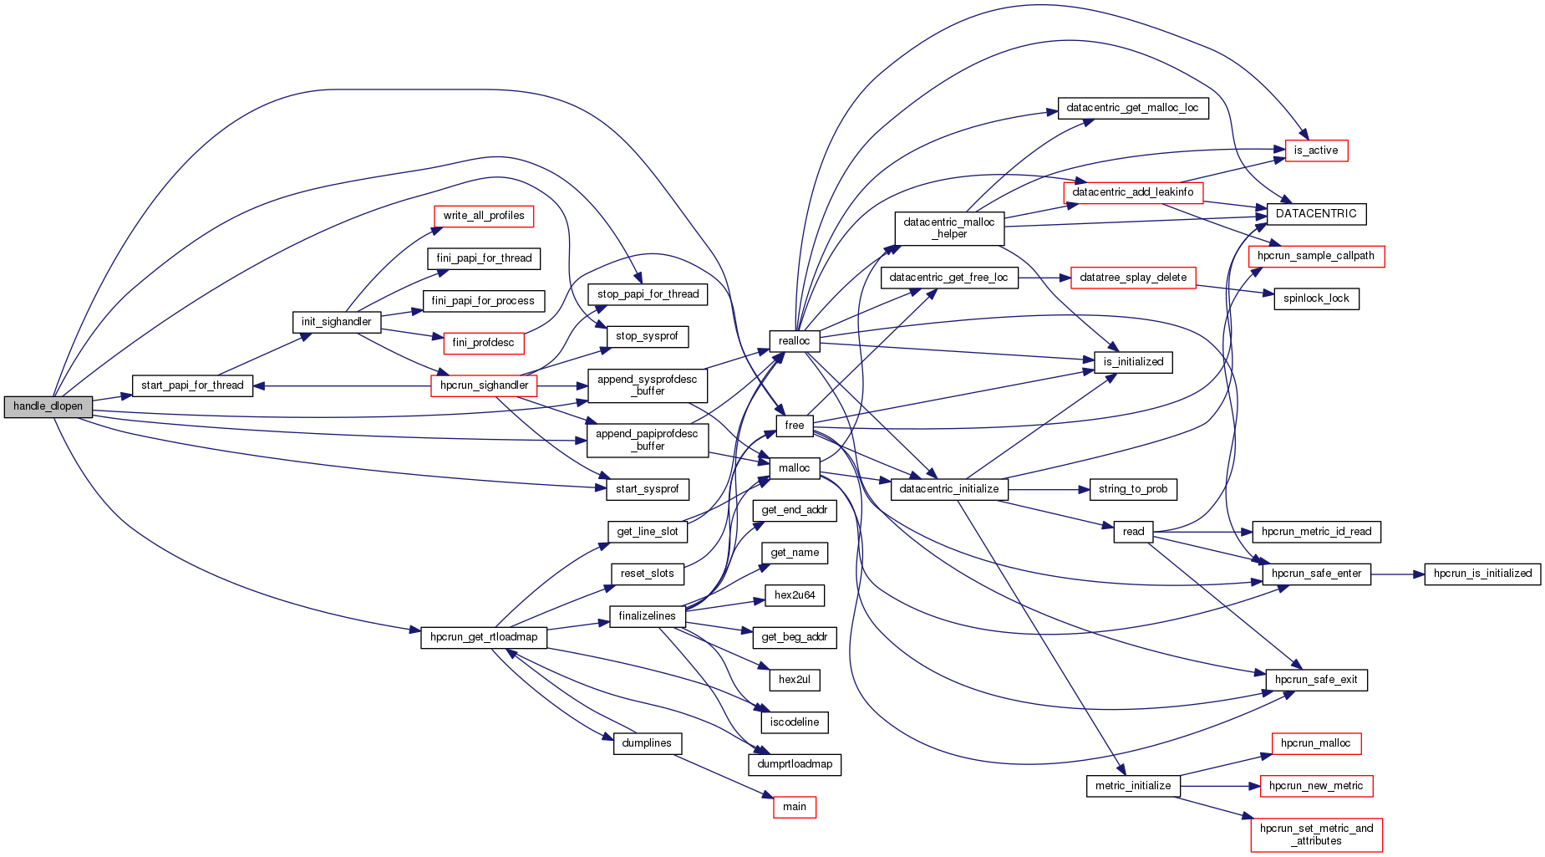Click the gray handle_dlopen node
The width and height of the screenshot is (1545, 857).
[48, 406]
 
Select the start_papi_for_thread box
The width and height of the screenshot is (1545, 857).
[192, 385]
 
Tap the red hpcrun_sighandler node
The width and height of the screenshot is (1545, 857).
[484, 385]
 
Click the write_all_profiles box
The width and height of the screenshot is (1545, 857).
[484, 216]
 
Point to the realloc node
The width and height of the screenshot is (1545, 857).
[794, 341]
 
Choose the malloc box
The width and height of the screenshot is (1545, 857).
[794, 468]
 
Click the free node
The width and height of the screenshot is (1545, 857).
[794, 426]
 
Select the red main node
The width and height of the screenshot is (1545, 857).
[794, 807]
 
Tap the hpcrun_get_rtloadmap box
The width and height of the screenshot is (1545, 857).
[484, 637]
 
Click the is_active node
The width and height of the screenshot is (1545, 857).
[1315, 150]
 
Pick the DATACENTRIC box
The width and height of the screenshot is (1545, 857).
[1316, 214]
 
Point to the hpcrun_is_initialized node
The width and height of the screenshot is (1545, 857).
[1482, 574]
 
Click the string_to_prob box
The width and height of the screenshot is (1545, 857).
[1133, 489]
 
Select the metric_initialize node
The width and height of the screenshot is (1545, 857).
[1133, 786]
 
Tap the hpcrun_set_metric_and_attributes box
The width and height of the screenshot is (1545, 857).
[1316, 834]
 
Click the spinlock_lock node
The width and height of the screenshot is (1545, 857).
[1316, 298]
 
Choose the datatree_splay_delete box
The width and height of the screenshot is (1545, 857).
[1133, 278]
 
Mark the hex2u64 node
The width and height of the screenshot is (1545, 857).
[794, 595]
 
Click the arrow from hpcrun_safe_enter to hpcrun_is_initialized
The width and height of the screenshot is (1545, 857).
[1397, 574]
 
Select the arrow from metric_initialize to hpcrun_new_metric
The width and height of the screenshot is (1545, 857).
[1220, 786]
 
